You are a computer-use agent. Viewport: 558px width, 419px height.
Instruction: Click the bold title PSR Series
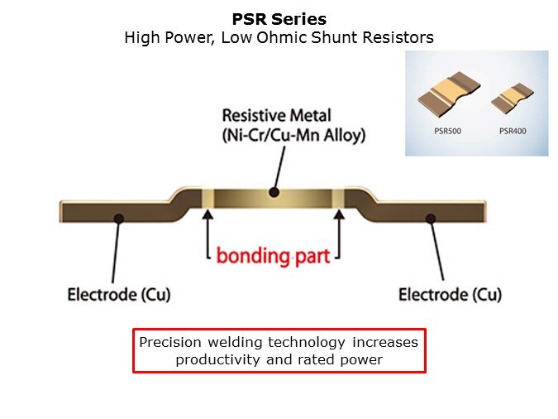click(279, 19)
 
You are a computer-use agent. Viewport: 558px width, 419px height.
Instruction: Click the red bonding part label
click(273, 255)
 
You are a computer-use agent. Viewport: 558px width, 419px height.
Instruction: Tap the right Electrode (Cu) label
click(450, 295)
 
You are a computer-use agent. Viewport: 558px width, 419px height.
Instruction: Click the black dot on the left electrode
click(119, 219)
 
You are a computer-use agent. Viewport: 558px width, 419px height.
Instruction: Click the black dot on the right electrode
click(429, 219)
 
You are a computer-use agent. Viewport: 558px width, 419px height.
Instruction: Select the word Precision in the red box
click(170, 343)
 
